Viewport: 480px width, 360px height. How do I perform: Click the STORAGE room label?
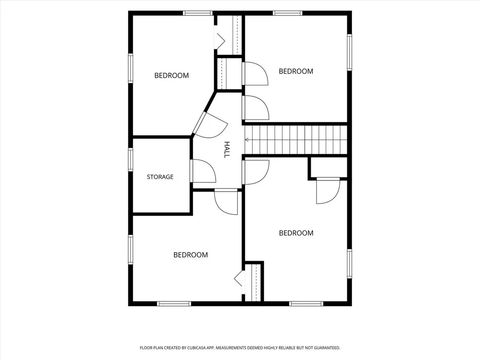click(160, 177)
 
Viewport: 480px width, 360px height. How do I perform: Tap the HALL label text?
click(227, 150)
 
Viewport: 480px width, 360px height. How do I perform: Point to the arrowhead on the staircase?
click(247, 140)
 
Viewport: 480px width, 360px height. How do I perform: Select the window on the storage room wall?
click(131, 159)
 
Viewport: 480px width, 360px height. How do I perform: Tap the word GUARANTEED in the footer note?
click(326, 348)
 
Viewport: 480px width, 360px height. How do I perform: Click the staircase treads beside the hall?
click(296, 140)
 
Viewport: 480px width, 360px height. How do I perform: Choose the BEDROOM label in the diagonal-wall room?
click(172, 75)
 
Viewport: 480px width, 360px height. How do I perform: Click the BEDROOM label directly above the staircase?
click(296, 71)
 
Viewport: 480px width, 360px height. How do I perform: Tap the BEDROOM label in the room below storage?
click(190, 255)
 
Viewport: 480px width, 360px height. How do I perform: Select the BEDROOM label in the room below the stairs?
click(296, 233)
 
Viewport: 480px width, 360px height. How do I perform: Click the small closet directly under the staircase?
click(329, 167)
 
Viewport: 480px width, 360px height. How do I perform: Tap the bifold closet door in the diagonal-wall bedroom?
click(220, 40)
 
